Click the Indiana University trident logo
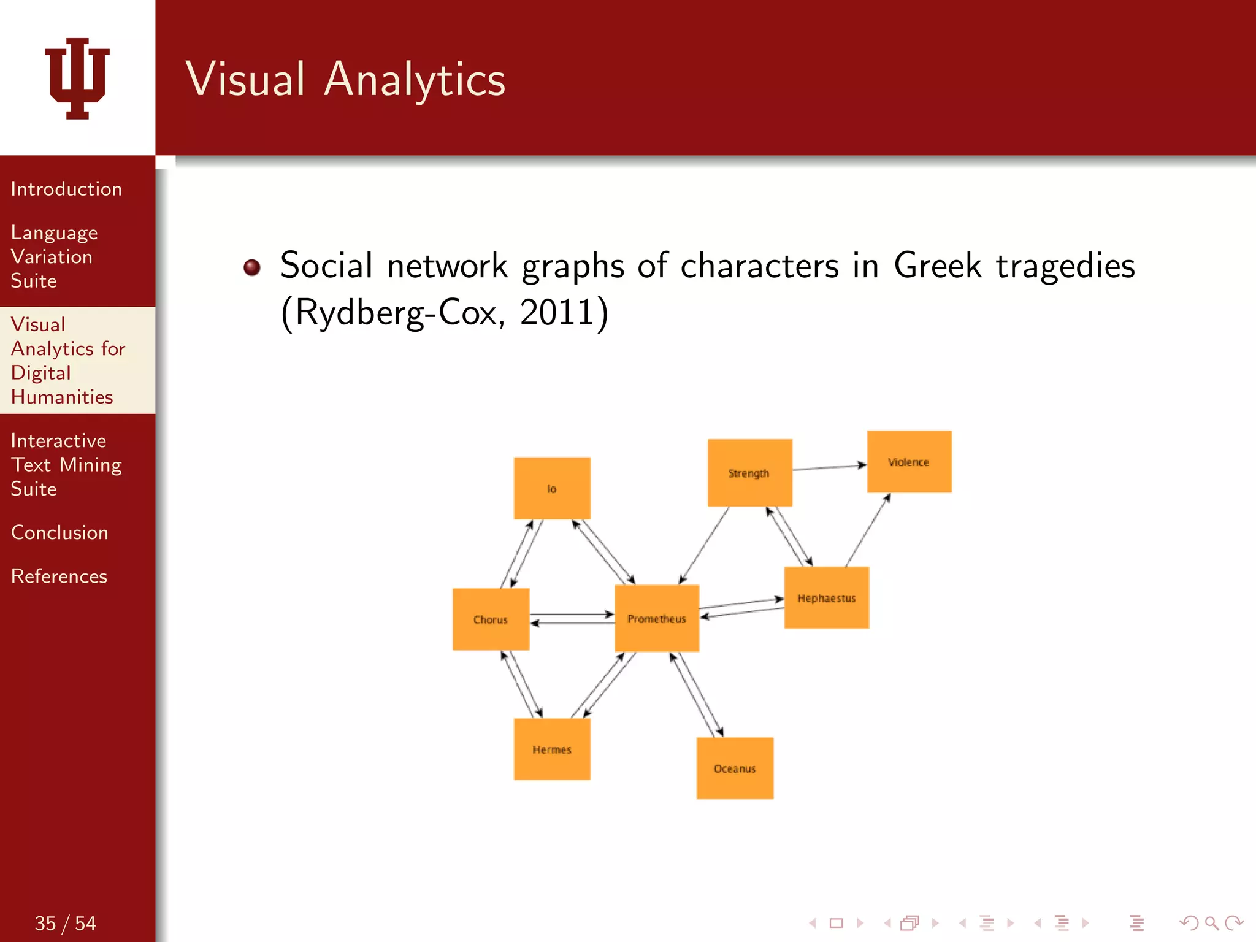[x=77, y=78]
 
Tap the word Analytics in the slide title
[x=414, y=80]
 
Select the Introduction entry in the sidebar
[x=66, y=189]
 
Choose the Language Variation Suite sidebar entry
[x=54, y=256]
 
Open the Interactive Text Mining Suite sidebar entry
[x=66, y=464]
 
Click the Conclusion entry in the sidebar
[x=59, y=532]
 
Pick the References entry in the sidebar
[x=59, y=576]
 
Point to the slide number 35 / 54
[x=65, y=923]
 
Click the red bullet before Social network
[x=251, y=267]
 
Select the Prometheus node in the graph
[x=656, y=618]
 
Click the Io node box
[x=552, y=488]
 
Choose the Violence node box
[x=909, y=462]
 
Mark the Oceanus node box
[x=735, y=768]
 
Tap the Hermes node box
[x=552, y=749]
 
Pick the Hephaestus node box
[x=826, y=598]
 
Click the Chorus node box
[x=491, y=619]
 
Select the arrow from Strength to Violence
[x=829, y=468]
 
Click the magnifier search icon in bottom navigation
[x=1211, y=922]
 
